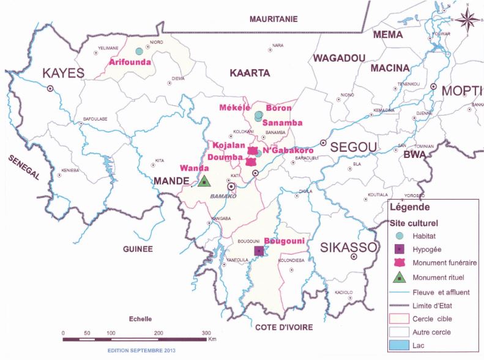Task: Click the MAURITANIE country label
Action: click(274, 20)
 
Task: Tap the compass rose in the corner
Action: click(468, 20)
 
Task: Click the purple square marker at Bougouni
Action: click(259, 251)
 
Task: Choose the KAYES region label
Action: click(62, 74)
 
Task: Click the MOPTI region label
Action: click(462, 91)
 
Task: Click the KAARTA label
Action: click(250, 73)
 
